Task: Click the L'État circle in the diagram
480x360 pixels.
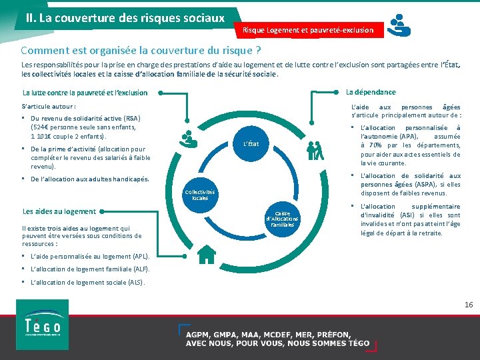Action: coord(251,143)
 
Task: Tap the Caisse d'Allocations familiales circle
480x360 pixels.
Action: coord(283,219)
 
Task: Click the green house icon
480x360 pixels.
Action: coord(207,253)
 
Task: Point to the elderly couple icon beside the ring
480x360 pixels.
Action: coord(315,151)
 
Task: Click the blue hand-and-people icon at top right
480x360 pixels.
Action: coord(399,25)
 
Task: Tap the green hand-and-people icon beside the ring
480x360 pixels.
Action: coord(189,138)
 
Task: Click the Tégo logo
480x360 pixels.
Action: coord(42,325)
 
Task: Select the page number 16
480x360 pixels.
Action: coord(468,304)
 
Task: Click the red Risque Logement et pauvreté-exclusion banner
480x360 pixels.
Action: coord(308,30)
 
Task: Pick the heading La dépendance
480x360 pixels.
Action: coord(371,92)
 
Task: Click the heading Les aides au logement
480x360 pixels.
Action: coord(59,211)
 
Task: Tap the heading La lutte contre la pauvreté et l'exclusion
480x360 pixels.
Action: coord(85,93)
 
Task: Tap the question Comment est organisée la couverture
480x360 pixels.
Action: coord(141,51)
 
